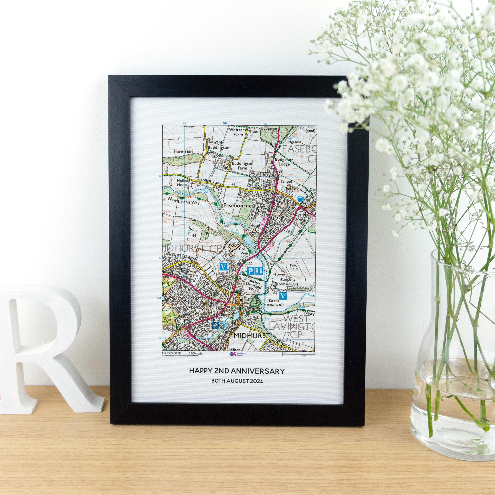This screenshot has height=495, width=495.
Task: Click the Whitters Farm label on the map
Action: tap(237, 132)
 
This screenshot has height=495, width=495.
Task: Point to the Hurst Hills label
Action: tap(183, 152)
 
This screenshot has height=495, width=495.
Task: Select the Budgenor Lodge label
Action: tap(282, 162)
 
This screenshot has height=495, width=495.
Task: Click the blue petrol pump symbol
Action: tap(300, 198)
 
